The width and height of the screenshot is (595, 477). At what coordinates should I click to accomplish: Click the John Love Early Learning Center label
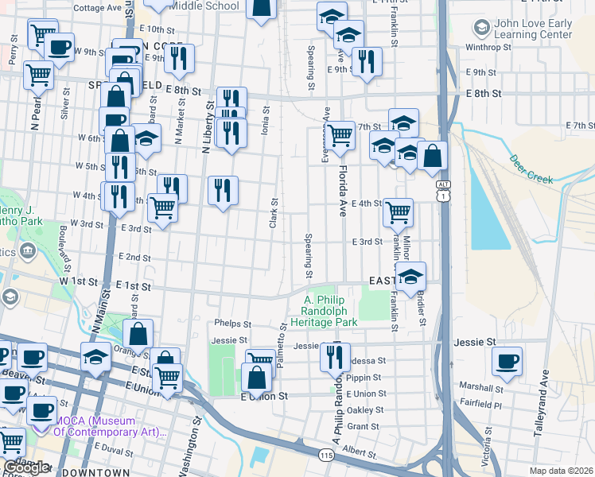533,29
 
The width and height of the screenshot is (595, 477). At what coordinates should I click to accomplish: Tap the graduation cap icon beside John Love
481,29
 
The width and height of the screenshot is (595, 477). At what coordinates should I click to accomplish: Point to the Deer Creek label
531,169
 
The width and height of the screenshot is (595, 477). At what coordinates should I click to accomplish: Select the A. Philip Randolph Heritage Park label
330,311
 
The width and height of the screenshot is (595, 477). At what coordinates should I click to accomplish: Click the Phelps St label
232,324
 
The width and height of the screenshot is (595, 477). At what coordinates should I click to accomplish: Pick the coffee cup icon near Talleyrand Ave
506,361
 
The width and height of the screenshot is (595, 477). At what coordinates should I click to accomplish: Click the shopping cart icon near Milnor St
397,211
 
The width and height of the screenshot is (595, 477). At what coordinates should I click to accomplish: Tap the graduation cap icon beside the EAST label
410,277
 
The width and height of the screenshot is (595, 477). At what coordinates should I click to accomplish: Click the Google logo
26,467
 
